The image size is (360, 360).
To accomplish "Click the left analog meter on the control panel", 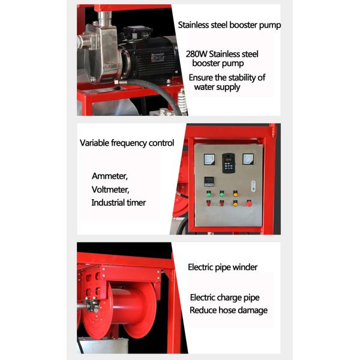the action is click(209, 159).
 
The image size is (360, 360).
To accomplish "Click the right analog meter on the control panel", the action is click(248, 159).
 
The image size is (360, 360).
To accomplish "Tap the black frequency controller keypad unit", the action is click(229, 163).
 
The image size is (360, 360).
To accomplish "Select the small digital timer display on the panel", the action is click(209, 181).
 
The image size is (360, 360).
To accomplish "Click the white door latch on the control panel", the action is click(253, 186).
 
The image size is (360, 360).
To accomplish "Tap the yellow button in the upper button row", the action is click(235, 194).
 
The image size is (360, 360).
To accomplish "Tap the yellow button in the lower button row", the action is click(235, 203).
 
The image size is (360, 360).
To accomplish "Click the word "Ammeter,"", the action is click(110, 176).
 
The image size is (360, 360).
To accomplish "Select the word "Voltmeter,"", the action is click(110, 190).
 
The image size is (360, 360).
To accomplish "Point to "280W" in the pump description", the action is click(196, 54).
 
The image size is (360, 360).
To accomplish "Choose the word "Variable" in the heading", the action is click(94, 143).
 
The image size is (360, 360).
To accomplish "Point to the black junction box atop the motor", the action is click(136, 32).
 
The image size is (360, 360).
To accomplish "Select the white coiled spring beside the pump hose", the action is click(183, 101).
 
